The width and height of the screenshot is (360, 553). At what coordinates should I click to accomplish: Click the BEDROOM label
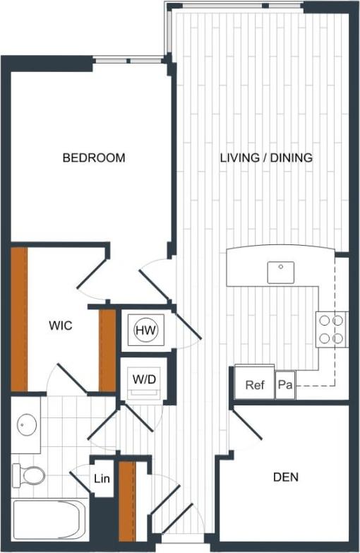click(x=94, y=157)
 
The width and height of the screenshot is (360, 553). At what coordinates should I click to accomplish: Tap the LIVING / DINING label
click(x=265, y=157)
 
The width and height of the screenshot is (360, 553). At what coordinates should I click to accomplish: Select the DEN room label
click(x=285, y=477)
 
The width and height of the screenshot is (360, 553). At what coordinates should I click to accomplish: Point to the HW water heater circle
click(x=145, y=329)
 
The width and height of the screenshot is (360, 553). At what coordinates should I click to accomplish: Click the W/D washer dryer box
click(x=144, y=379)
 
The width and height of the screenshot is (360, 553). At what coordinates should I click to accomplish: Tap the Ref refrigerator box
click(x=254, y=386)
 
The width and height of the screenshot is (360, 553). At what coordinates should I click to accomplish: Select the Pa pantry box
click(x=285, y=386)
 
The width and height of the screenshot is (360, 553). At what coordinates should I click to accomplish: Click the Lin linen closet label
click(x=102, y=480)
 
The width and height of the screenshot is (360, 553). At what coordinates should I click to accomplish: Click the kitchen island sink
click(x=281, y=271)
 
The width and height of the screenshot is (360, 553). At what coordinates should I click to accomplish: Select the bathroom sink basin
click(x=27, y=425)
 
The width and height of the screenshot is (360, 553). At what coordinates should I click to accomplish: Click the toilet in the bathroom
click(x=28, y=475)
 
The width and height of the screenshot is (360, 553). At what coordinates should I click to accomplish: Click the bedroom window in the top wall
click(x=128, y=61)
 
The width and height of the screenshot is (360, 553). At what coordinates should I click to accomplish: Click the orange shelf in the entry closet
click(x=127, y=498)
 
